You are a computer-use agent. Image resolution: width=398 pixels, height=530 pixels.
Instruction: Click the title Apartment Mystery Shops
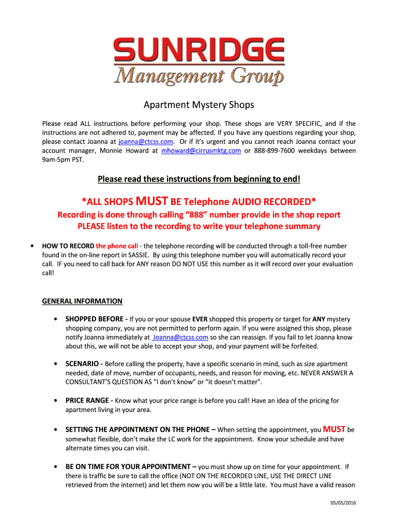(199, 105)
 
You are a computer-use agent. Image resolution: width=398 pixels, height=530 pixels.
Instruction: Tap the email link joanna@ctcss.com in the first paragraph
(146, 142)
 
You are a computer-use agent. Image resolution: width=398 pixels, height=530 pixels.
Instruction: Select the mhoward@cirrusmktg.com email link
(201, 151)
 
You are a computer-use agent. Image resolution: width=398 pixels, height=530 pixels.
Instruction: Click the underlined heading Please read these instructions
(199, 179)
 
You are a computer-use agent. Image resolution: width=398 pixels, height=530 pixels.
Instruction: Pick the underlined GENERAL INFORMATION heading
(82, 301)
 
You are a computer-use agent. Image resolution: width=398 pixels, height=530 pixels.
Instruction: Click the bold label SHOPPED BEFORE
(96, 319)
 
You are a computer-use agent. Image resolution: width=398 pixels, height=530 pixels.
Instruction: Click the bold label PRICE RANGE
(89, 401)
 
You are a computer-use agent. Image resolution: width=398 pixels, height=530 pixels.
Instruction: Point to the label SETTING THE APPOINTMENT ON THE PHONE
(140, 430)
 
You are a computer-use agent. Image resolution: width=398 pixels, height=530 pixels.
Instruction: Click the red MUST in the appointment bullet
(334, 429)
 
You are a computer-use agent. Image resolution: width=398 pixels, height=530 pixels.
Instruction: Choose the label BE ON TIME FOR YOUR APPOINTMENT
(131, 467)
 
